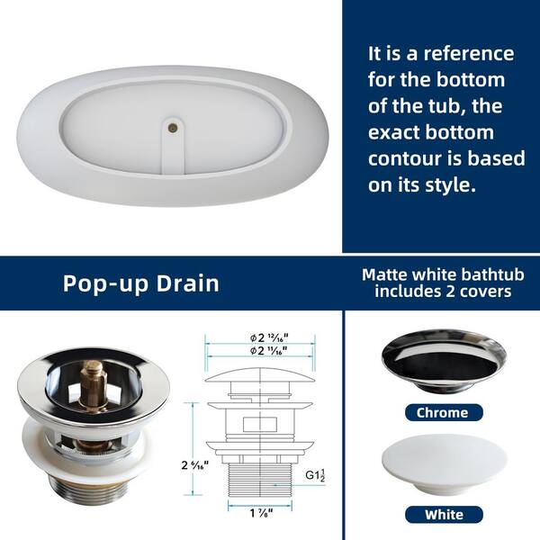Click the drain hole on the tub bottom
point(173,128)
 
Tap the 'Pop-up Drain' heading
point(141,283)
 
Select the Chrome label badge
point(444,412)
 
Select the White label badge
point(444,515)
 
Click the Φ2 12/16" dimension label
point(269,337)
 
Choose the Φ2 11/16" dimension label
point(268,351)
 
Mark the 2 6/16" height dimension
point(195,465)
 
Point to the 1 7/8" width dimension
point(261,513)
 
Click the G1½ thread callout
point(315,475)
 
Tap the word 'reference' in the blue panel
point(469,54)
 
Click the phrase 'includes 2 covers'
point(443,292)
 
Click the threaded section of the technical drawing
point(260,480)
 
